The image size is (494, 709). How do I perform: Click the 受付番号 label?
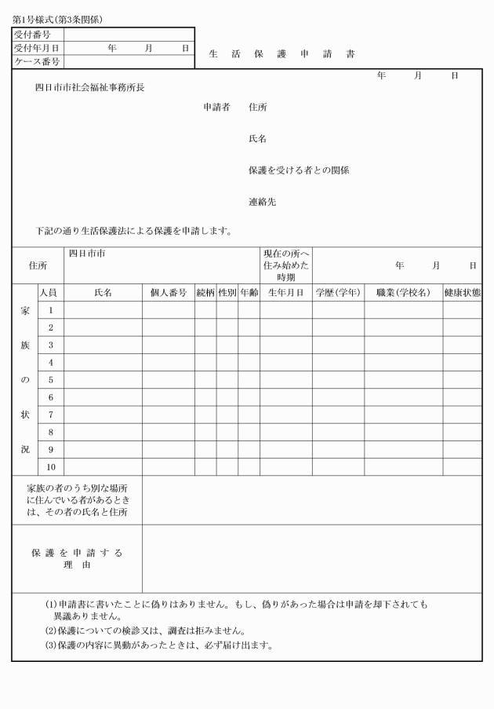32,35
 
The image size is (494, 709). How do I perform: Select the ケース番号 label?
37,61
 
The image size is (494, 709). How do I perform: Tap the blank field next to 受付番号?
129,35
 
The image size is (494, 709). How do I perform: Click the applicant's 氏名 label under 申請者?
257,138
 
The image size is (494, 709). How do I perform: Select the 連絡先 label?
262,202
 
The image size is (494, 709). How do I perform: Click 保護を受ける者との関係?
298,170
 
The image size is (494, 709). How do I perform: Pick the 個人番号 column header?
168,293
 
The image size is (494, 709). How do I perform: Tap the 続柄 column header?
205,293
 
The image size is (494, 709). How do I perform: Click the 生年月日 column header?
285,293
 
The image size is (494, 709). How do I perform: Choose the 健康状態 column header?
462,293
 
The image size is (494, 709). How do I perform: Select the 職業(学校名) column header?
403,293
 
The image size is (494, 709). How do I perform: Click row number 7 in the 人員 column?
50,415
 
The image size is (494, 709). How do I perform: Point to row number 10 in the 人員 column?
50,467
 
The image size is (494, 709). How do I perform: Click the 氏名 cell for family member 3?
103,345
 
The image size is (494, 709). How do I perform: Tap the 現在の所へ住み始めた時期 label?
285,265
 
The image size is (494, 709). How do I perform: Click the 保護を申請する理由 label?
77,558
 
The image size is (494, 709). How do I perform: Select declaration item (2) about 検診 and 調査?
147,630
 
